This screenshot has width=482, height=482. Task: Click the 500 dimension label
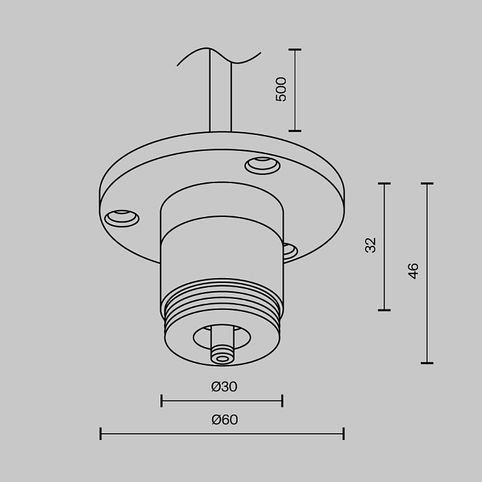(x=281, y=90)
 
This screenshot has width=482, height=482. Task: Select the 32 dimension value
(x=371, y=245)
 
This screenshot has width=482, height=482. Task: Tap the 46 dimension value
(x=413, y=271)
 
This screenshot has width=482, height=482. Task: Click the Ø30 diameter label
(x=224, y=387)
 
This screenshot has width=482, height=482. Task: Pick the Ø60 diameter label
(x=224, y=420)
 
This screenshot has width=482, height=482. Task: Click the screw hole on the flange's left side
(x=121, y=218)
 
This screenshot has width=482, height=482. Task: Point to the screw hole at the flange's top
(x=262, y=165)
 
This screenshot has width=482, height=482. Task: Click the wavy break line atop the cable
(x=219, y=56)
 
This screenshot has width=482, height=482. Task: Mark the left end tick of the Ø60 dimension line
(x=101, y=433)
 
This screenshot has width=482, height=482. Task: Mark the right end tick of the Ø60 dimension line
(x=344, y=433)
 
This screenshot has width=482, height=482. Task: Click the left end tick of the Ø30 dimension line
(x=161, y=401)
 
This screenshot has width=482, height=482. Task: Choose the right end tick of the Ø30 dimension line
(x=282, y=401)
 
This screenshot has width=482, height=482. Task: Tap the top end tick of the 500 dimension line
(x=295, y=50)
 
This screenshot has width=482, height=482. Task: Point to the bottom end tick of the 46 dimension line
(x=427, y=362)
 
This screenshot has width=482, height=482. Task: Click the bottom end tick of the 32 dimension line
(x=384, y=310)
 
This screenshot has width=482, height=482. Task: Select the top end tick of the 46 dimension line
(x=427, y=184)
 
